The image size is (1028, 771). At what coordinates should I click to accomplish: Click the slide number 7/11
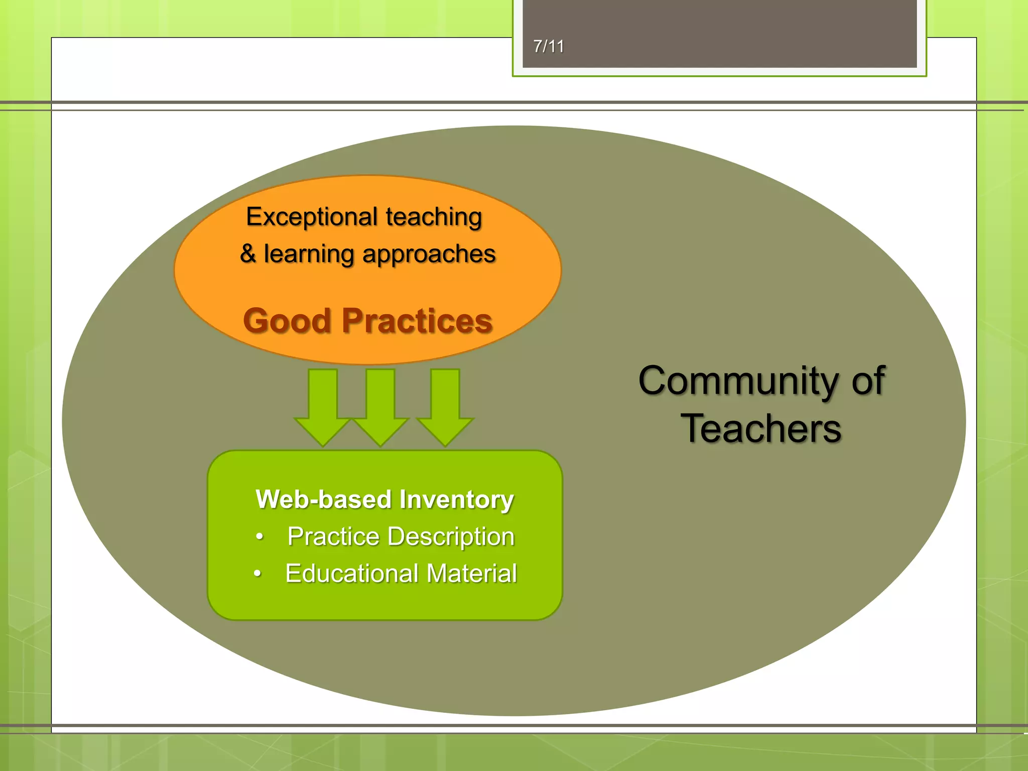[x=549, y=47]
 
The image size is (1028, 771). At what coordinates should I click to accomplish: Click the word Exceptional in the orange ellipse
[x=311, y=217]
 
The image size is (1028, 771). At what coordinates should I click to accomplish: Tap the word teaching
[x=434, y=217]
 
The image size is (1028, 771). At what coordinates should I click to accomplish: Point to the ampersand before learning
[x=247, y=253]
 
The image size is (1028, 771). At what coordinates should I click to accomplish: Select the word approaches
[x=429, y=254]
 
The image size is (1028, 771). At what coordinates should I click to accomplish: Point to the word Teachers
[x=761, y=429]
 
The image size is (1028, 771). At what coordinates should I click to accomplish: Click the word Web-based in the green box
[x=323, y=499]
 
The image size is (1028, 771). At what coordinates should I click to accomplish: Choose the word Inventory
[x=457, y=500]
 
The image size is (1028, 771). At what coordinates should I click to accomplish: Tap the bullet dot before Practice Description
[x=259, y=537]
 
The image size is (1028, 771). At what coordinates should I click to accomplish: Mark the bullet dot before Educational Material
[x=258, y=573]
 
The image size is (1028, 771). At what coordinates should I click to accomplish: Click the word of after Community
[x=868, y=381]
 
